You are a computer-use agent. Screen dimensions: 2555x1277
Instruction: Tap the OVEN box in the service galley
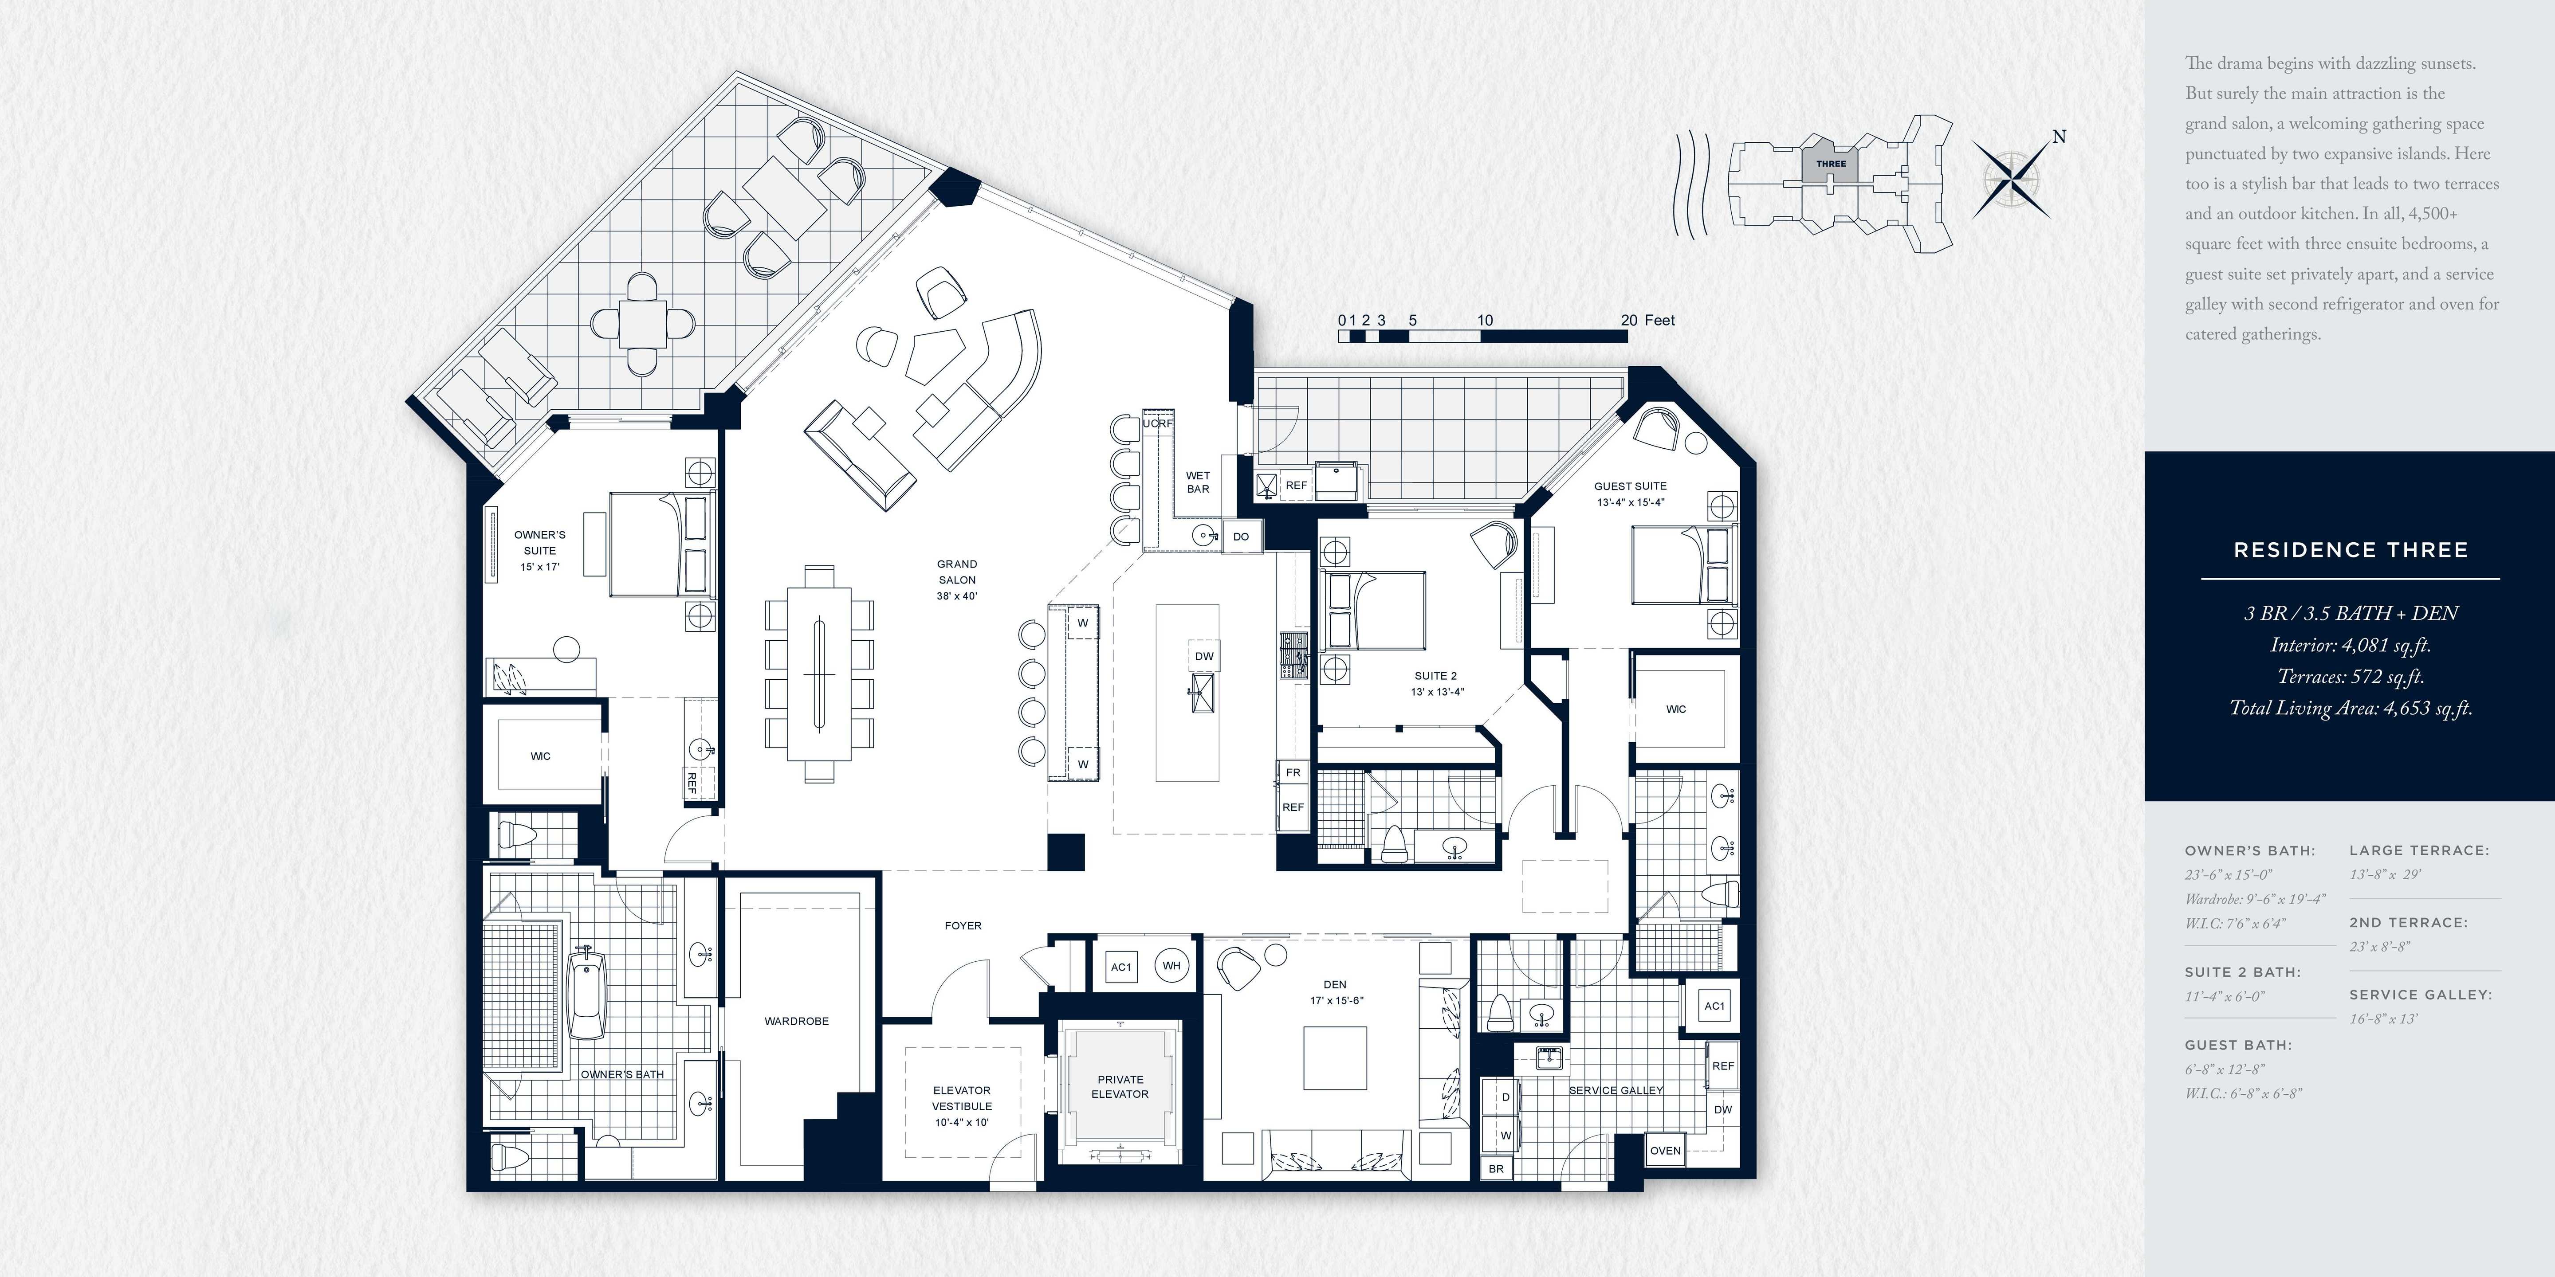click(1665, 1150)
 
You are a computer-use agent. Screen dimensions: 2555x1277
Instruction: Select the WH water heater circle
click(1171, 966)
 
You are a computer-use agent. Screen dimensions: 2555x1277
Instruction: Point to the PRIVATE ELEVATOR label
click(1120, 1087)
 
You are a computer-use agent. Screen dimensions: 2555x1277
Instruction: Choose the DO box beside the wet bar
click(1241, 537)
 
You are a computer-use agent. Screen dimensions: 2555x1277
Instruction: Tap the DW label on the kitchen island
click(1203, 656)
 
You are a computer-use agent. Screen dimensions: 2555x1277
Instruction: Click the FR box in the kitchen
click(1293, 772)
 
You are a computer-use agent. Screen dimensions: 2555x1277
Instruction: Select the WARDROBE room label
click(797, 1021)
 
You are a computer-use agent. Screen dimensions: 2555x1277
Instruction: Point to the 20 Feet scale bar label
click(1647, 320)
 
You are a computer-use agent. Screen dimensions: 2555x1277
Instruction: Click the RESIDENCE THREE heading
click(2351, 550)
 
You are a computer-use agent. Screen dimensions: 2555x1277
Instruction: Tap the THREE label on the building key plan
click(1831, 164)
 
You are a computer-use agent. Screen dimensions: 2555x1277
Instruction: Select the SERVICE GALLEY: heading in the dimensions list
click(2420, 995)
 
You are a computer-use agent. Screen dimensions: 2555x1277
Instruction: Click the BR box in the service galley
click(1496, 1169)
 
